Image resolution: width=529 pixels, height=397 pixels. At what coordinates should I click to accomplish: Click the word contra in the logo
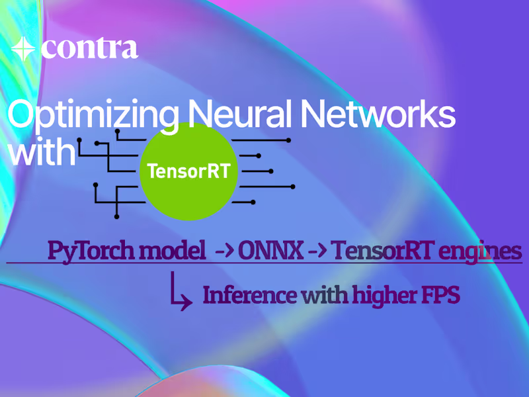(89, 49)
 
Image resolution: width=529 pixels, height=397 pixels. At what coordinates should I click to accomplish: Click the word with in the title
(42, 153)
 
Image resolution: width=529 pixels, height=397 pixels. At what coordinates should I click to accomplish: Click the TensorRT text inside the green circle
(188, 171)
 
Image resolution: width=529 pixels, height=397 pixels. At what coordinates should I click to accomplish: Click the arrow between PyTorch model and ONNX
(222, 252)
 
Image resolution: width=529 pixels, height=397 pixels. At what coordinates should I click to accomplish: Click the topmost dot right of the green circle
(289, 140)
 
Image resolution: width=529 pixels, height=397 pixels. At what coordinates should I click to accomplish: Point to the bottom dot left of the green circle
(117, 216)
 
